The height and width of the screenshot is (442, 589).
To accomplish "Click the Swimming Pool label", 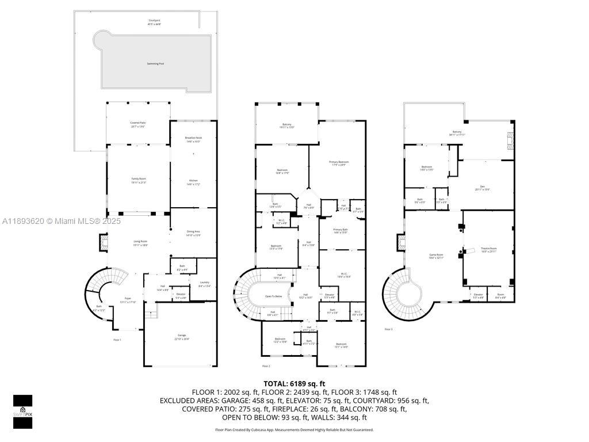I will [155, 63].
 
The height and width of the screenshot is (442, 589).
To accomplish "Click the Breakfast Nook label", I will [193, 139].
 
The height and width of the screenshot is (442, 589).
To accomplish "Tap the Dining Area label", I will [193, 233].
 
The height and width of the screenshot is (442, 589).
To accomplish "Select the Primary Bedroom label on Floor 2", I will [338, 163].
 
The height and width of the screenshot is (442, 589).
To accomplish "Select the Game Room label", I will [436, 256].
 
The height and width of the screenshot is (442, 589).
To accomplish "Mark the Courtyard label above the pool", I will [154, 22].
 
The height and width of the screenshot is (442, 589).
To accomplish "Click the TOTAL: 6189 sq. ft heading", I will [294, 383].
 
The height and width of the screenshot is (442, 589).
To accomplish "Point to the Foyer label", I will [128, 300].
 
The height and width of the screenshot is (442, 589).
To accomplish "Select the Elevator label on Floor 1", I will [181, 295].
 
